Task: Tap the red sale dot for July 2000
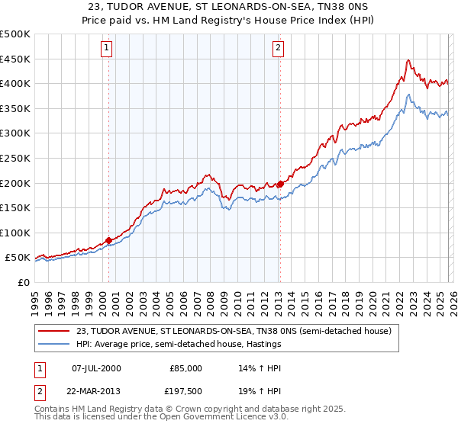pos(108,240)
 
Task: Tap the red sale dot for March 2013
pos(280,184)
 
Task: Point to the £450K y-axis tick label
pos(15,59)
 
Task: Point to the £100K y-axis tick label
pos(15,233)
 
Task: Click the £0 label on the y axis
pos(24,282)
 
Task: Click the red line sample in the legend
pos(56,331)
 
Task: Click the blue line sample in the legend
pos(56,345)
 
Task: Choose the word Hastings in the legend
pos(262,345)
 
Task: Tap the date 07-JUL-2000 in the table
pos(96,368)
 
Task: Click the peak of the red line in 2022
pos(409,60)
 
